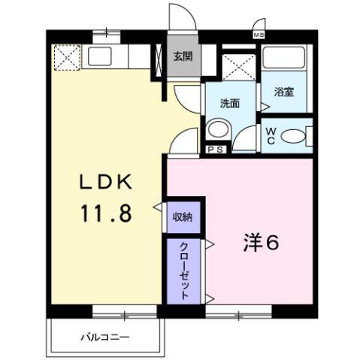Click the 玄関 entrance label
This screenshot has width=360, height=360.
182,55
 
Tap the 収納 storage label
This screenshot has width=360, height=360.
183,216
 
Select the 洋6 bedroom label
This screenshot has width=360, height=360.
261,243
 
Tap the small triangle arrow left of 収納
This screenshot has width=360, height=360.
158,207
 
